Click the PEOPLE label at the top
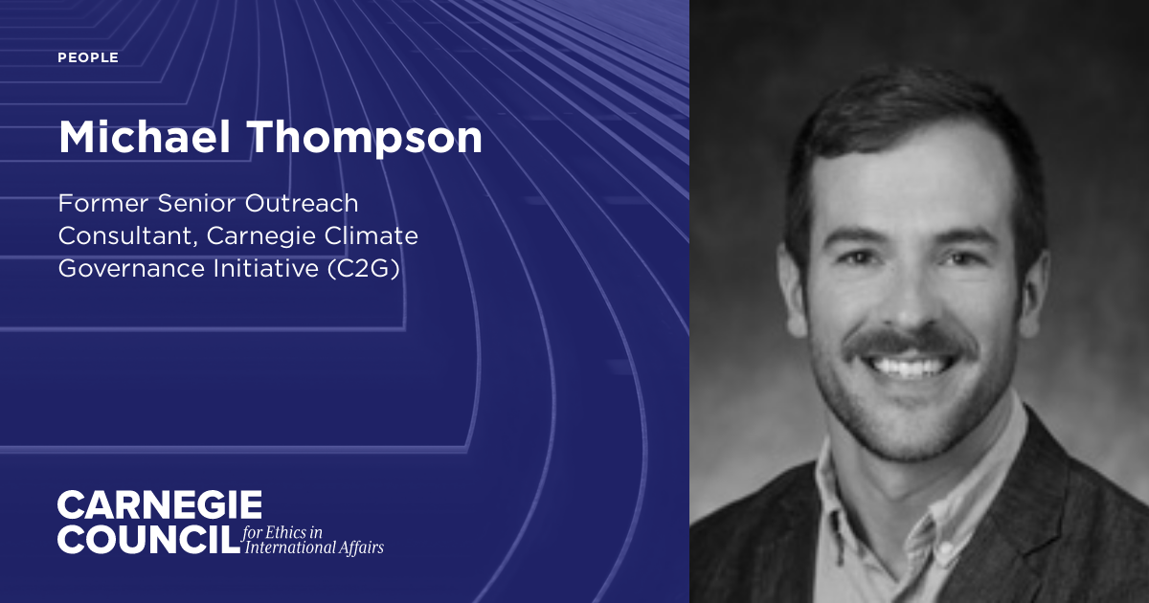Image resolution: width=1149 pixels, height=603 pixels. [88, 57]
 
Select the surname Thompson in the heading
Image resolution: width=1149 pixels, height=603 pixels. [368, 139]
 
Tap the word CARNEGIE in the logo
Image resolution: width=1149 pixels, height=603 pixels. [159, 504]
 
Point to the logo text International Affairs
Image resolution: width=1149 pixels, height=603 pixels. [314, 548]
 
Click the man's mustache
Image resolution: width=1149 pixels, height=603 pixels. [910, 342]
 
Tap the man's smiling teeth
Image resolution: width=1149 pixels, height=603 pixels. [910, 366]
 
